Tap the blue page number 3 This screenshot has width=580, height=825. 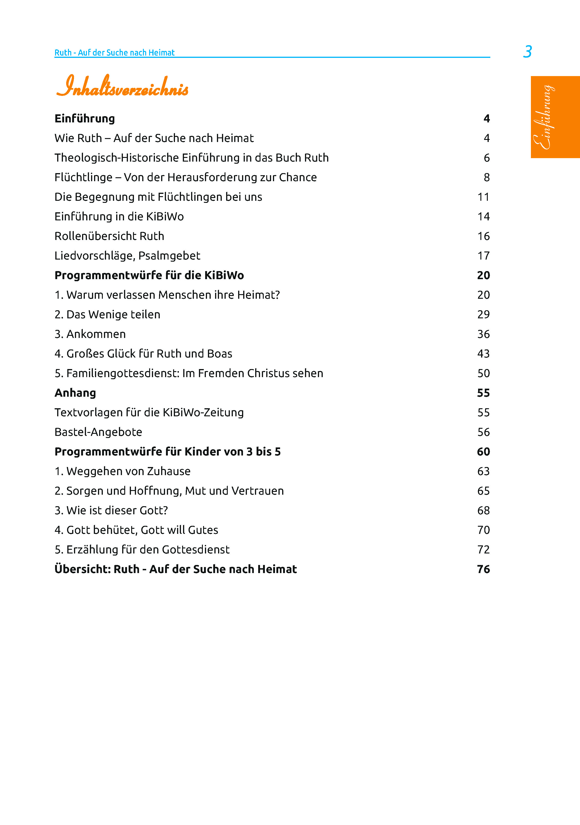pos(527,52)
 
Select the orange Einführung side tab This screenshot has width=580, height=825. pos(555,117)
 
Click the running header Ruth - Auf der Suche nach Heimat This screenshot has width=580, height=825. pos(114,53)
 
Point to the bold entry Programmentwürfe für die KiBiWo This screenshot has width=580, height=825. pos(149,275)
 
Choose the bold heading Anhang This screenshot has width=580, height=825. pos(75,393)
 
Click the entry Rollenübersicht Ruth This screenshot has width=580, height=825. pos(109,236)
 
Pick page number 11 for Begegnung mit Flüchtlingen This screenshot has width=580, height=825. pos(483,197)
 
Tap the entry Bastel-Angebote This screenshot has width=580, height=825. pos(98,432)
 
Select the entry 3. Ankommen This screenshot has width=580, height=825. pos(90,334)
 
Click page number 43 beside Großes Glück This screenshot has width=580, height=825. pos(483,354)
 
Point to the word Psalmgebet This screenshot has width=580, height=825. pos(169,256)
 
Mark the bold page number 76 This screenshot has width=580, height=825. pos(483,569)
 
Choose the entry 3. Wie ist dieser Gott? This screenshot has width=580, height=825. pos(111,510)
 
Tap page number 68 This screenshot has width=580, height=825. pos(483,510)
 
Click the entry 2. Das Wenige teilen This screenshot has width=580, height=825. pos(107,314)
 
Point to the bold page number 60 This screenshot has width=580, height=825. pos(483,452)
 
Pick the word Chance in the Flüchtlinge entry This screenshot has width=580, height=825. pos(298,177)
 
